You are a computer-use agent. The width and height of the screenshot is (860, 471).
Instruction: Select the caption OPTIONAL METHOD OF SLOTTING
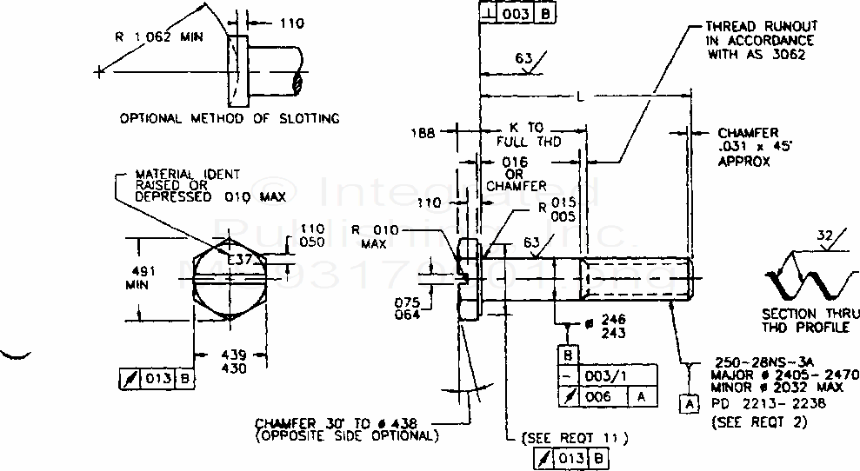click(230, 118)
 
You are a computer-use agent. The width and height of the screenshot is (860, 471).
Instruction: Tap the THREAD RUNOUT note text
click(760, 40)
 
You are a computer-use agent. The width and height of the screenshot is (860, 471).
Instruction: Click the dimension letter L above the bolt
click(580, 96)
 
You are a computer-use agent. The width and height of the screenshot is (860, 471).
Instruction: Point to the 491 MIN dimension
click(143, 277)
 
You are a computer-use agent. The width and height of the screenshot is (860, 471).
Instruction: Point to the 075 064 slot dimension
click(406, 308)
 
